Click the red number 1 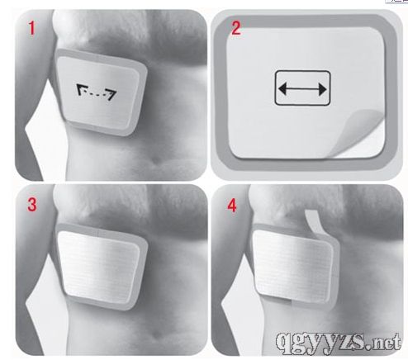[x=31, y=28]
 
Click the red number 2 [x=235, y=28]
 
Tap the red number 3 [x=32, y=205]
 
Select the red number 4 [x=232, y=205]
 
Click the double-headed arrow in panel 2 [x=302, y=89]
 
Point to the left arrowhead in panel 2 [x=282, y=89]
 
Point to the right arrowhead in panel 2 [x=322, y=89]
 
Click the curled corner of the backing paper [x=357, y=132]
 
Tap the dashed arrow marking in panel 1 [x=97, y=92]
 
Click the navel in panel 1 [x=157, y=159]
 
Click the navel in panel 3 [x=158, y=334]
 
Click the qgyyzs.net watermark [x=339, y=342]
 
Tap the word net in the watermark [x=386, y=341]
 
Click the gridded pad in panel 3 [x=100, y=267]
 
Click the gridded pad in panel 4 [x=292, y=266]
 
